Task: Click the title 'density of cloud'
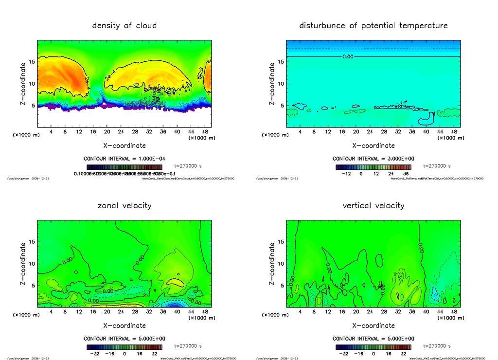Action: (124, 25)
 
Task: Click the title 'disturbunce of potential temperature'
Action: (373, 25)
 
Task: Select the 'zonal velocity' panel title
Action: (124, 205)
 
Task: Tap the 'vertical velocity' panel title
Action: (373, 205)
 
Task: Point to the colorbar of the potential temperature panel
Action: (373, 167)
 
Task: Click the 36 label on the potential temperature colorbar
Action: (405, 174)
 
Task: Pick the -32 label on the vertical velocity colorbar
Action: (343, 354)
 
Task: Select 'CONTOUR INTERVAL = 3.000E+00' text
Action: (373, 159)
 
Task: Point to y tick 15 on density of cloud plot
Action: (32, 61)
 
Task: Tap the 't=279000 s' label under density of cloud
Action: (188, 166)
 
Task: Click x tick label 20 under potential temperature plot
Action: (356, 132)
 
